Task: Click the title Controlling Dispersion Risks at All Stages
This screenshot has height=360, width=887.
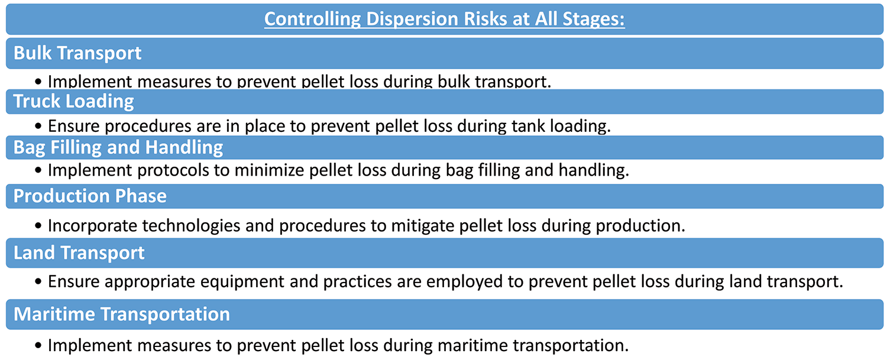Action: (444, 19)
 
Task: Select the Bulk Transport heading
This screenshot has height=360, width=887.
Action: (77, 53)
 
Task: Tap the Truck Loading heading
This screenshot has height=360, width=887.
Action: (74, 102)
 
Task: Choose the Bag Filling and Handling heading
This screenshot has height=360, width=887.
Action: (118, 147)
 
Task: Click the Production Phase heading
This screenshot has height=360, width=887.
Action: (90, 196)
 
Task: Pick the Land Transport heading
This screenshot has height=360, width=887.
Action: (79, 252)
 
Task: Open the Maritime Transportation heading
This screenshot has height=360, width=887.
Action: (122, 314)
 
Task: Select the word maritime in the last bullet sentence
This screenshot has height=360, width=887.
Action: (472, 345)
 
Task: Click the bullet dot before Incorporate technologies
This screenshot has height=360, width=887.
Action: (38, 226)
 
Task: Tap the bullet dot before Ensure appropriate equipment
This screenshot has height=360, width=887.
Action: (38, 282)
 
